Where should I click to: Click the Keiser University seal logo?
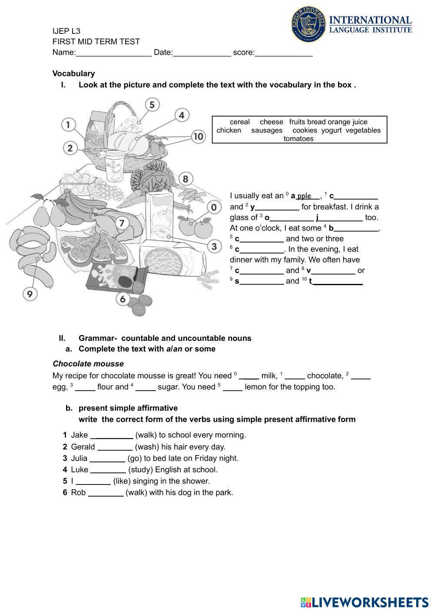point(308,24)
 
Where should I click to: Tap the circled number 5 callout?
point(152,105)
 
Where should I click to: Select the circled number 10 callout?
point(198,137)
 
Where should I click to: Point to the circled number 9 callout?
point(30,294)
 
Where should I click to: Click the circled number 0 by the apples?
point(213,208)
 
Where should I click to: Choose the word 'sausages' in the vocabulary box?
point(267,130)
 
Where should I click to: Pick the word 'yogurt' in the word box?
point(331,130)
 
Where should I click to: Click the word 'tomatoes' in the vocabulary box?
point(298,139)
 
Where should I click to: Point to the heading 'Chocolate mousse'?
point(88,364)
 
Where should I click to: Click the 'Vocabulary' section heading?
point(73,73)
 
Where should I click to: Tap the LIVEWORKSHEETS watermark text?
point(370,602)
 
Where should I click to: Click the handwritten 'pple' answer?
point(304,196)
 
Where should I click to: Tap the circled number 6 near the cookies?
point(123,299)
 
